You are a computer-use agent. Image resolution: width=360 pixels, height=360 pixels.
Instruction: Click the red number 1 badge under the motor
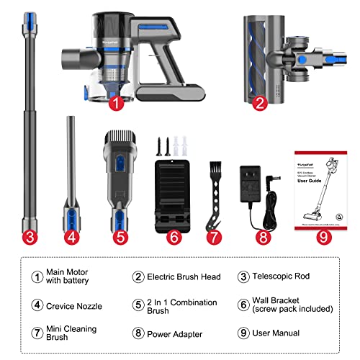tap(117, 103)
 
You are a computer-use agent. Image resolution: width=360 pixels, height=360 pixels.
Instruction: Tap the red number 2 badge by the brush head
tap(261, 103)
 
